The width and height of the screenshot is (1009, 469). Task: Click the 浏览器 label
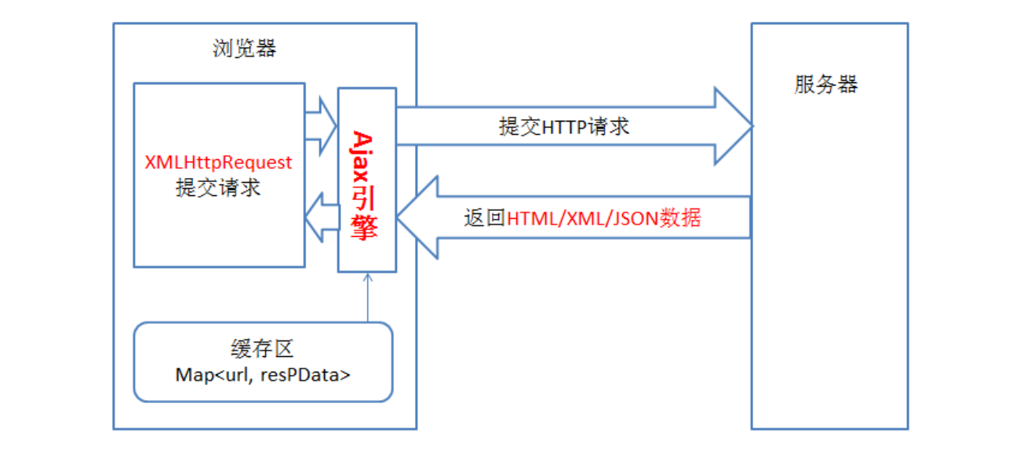tap(244, 49)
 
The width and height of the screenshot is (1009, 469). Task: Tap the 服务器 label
tap(826, 85)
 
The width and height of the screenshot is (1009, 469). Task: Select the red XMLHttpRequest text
tap(218, 162)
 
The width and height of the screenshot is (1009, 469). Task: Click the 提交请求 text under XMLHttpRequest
tap(218, 188)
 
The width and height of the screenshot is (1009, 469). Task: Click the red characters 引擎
tap(366, 212)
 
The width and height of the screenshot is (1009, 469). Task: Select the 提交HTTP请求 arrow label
tap(563, 126)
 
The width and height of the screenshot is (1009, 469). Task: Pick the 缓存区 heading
tap(263, 350)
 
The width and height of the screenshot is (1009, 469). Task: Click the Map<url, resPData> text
tap(263, 375)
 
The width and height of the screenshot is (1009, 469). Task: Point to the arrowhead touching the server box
tap(734, 125)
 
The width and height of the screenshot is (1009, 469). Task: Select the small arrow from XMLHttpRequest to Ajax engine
tap(321, 125)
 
